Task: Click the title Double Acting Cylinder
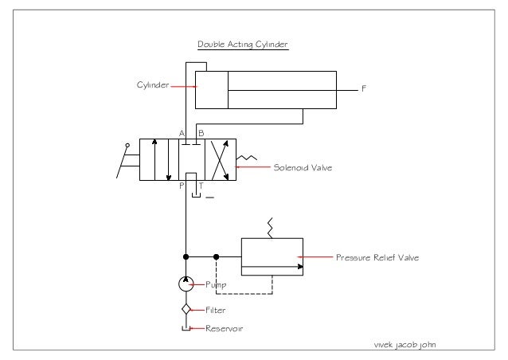click(242, 45)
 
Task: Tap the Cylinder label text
click(153, 85)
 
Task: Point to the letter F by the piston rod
click(365, 88)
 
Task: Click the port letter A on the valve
click(182, 132)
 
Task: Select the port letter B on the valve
click(201, 132)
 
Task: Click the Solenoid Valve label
click(303, 168)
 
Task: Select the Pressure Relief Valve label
click(377, 257)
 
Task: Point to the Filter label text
click(216, 310)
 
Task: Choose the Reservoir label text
click(224, 328)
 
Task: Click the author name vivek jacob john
click(405, 344)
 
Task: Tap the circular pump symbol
click(186, 284)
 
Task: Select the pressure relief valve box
click(272, 256)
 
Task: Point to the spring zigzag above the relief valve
click(272, 229)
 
